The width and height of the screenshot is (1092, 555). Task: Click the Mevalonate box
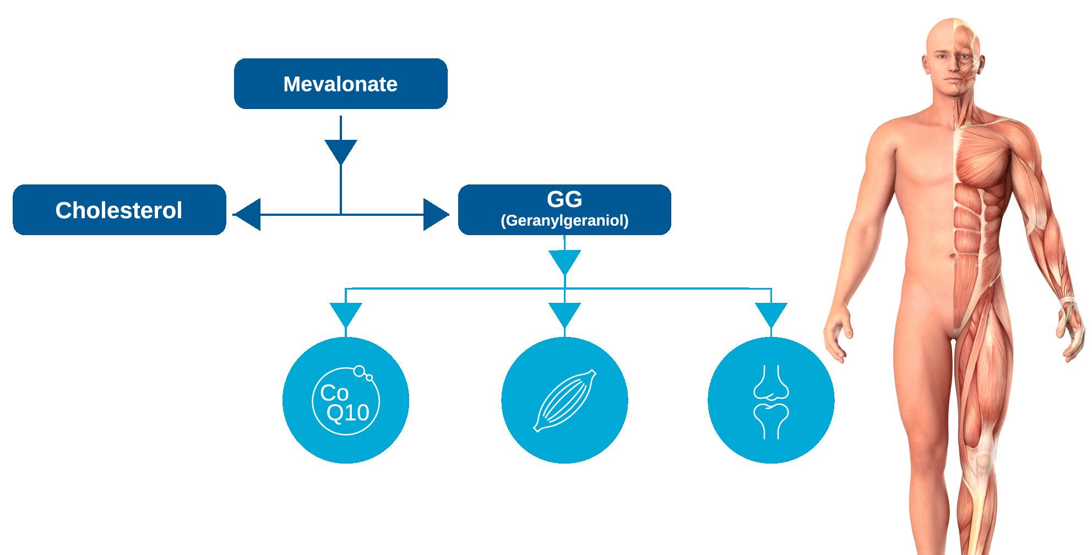pos(340,84)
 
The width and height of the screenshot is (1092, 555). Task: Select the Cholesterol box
pos(119,210)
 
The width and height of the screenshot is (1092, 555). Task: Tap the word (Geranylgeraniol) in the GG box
pos(564,221)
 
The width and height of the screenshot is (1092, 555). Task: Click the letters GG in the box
pos(564,199)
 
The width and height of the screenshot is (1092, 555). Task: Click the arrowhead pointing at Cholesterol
pos(247,214)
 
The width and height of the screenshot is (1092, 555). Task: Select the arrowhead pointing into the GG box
pos(436,214)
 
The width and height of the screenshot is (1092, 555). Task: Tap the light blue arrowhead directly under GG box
pos(564,262)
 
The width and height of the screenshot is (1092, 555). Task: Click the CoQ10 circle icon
pos(346,400)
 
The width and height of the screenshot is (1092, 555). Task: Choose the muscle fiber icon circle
pos(564,400)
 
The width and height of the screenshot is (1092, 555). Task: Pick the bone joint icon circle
pos(771,400)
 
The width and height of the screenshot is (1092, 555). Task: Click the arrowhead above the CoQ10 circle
pos(346,314)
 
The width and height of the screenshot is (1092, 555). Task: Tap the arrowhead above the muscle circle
pos(564,314)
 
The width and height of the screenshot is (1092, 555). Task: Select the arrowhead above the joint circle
pos(771,314)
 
